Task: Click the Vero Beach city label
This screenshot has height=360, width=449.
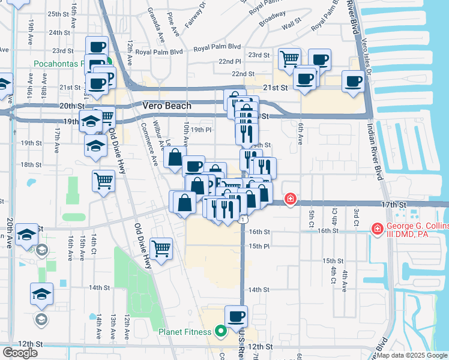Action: click(167, 106)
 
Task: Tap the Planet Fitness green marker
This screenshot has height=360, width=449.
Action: click(220, 331)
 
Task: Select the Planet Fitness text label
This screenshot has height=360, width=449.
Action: click(184, 332)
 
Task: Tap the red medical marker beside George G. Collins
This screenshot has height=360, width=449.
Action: click(377, 228)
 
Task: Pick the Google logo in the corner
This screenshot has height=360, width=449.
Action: click(20, 353)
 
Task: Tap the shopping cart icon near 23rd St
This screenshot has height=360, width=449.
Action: click(290, 58)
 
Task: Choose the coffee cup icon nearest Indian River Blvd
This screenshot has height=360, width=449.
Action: click(354, 80)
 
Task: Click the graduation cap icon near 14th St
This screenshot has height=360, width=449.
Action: click(41, 293)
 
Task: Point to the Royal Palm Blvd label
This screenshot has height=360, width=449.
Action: click(154, 52)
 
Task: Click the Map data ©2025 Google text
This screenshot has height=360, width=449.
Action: click(411, 355)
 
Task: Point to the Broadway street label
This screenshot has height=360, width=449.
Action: click(272, 19)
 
